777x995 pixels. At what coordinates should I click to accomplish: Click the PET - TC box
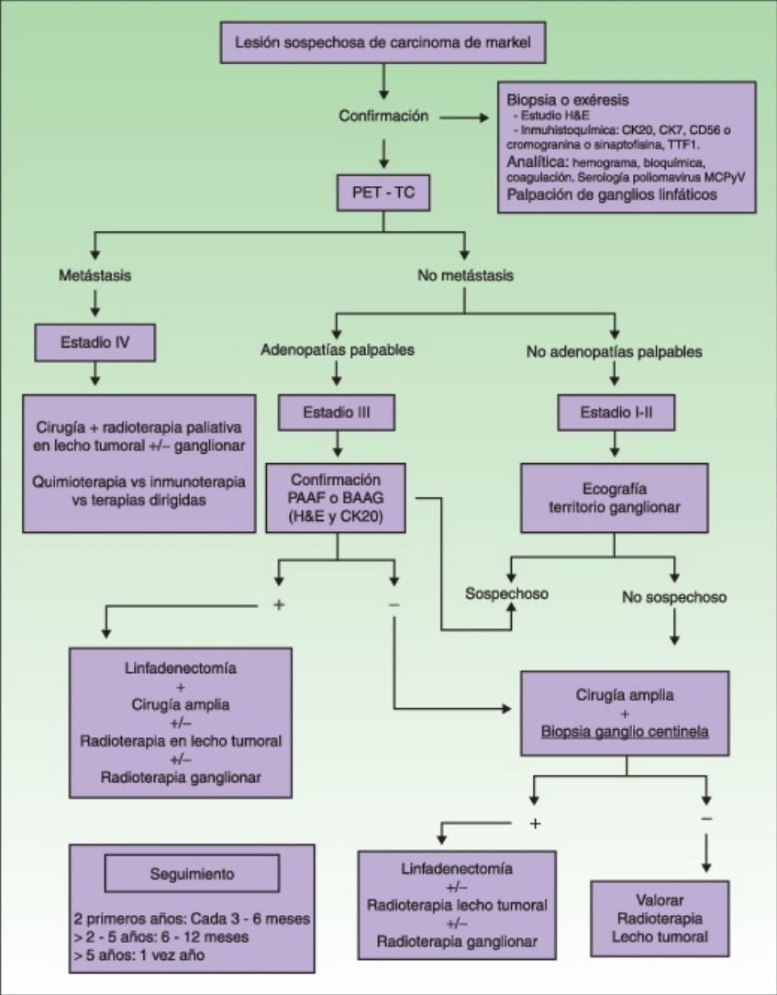(x=383, y=193)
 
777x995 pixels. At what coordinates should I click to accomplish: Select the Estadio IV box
(x=95, y=343)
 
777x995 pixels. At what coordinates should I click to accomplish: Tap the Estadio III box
(x=337, y=413)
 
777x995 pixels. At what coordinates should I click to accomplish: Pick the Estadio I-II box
(x=616, y=413)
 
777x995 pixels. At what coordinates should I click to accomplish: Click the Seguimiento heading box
(x=192, y=874)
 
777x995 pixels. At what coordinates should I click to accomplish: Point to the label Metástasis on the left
(x=95, y=275)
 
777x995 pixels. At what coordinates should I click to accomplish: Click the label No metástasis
(x=465, y=275)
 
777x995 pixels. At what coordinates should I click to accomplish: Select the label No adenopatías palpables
(x=614, y=351)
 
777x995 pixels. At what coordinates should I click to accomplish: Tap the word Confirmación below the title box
(x=383, y=116)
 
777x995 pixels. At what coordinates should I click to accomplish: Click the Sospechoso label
(x=506, y=593)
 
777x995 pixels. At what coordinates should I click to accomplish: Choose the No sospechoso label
(x=674, y=597)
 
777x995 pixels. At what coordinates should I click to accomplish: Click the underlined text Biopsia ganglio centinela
(x=625, y=732)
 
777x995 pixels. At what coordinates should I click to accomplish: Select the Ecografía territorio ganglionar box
(x=615, y=497)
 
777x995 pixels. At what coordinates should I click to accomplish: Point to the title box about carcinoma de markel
(x=383, y=42)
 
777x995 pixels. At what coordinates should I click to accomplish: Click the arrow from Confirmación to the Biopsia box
(x=464, y=117)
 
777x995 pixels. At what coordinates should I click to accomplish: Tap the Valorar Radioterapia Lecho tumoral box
(x=660, y=918)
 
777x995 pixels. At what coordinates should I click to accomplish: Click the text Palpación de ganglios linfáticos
(x=611, y=194)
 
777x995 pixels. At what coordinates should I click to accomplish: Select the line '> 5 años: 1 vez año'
(x=139, y=955)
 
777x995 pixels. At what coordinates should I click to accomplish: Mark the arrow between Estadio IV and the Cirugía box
(x=95, y=374)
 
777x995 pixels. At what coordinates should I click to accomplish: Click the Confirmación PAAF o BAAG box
(x=335, y=497)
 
